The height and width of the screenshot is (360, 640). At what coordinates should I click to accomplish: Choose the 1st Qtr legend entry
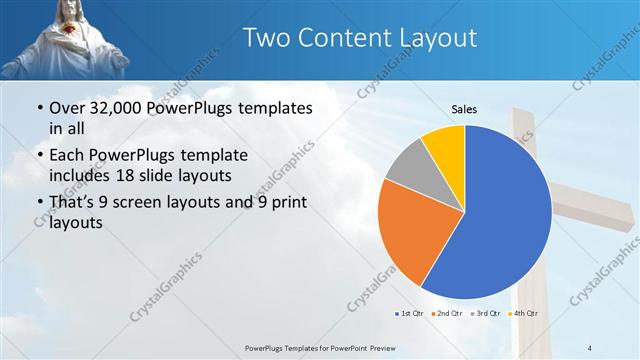(x=409, y=313)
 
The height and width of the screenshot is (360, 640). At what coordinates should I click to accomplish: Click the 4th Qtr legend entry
(x=521, y=313)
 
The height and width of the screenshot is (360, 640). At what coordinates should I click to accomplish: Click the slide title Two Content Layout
(x=360, y=38)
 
